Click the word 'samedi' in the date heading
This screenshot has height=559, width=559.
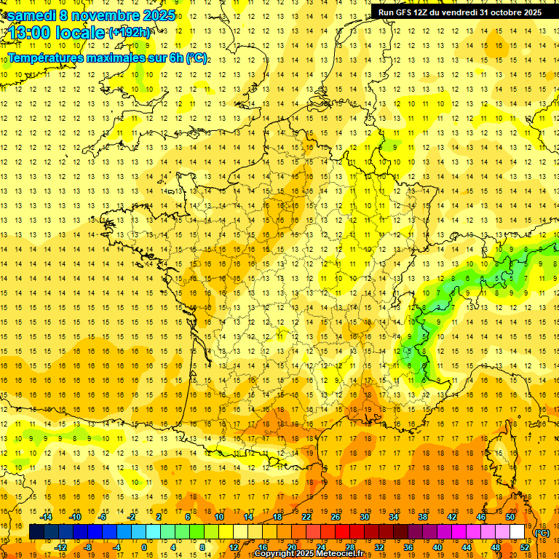click(31, 15)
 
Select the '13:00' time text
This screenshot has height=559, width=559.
click(30, 33)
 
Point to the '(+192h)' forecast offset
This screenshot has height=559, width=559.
click(130, 33)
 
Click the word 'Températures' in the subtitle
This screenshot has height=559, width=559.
click(44, 58)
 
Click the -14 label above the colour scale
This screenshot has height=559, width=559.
click(47, 516)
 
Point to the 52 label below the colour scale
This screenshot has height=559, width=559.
click(525, 547)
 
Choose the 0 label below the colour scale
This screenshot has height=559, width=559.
click(143, 547)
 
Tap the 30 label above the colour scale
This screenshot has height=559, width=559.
click(364, 516)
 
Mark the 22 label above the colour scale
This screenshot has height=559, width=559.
click(306, 516)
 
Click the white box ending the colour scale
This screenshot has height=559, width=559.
click(518, 531)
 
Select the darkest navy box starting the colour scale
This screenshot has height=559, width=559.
click(36, 531)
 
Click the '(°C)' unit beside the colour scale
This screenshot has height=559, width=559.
click(542, 532)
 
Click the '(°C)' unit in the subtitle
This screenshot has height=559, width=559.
click(197, 58)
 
